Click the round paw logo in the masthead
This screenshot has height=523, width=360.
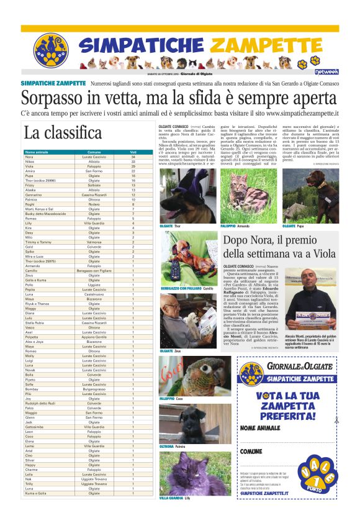pyautogui.click(x=51, y=50)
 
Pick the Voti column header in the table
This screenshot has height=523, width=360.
pyautogui.click(x=133, y=152)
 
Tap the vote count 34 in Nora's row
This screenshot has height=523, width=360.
pyautogui.click(x=133, y=157)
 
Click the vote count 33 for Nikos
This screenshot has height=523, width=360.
pyautogui.click(x=133, y=161)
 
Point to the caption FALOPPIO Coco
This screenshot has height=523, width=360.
pyautogui.click(x=171, y=398)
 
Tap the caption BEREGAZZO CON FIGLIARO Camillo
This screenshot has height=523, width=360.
pyautogui.click(x=182, y=289)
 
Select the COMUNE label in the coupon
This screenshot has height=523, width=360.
pyautogui.click(x=251, y=451)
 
